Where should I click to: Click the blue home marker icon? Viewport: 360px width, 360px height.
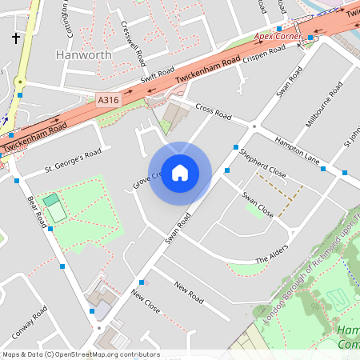point(180,173)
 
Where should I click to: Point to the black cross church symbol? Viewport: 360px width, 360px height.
point(16,38)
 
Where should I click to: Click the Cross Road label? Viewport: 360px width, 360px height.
point(213,113)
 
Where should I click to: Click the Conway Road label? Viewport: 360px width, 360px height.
point(30,322)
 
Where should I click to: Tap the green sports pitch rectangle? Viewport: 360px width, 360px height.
point(54,207)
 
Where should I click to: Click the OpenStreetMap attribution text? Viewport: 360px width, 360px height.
point(80,354)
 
